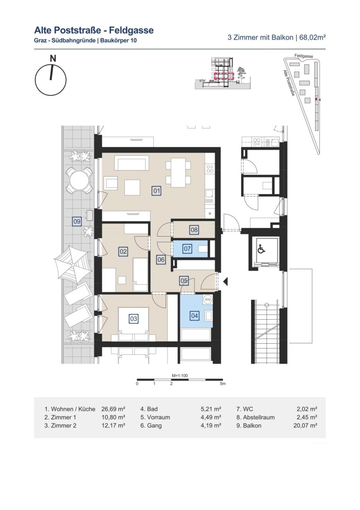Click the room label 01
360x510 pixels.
click(157, 190)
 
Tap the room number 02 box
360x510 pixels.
click(123, 251)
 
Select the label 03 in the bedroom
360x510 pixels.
click(134, 319)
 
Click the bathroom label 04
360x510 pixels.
click(194, 315)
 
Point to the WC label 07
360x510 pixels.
click(187, 249)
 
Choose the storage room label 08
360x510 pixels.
click(194, 230)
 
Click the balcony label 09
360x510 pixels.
click(77, 222)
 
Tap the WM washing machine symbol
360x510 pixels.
click(207, 299)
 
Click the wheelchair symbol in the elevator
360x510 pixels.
click(261, 250)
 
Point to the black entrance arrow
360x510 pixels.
click(225, 281)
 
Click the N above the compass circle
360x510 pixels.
click(53, 59)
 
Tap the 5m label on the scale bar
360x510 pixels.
click(223, 384)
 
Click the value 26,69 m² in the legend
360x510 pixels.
click(113, 409)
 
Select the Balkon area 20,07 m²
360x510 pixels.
click(305, 425)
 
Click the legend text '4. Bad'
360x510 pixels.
click(149, 409)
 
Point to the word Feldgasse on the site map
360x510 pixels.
click(304, 56)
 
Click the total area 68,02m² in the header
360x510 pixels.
click(312, 37)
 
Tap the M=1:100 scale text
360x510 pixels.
click(180, 376)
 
